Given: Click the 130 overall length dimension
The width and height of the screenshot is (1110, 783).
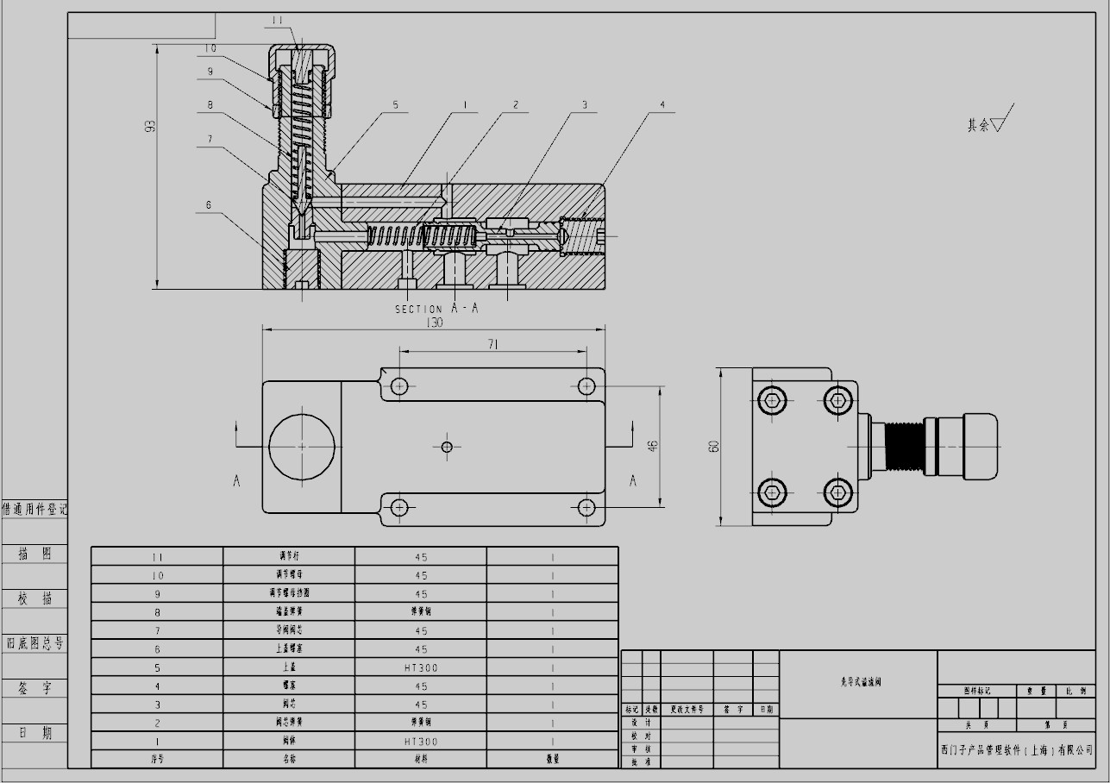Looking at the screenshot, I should coord(435,323).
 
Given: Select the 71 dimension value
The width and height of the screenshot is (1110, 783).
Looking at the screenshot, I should coord(493,345).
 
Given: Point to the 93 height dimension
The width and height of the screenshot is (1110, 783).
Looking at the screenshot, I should coord(151,126).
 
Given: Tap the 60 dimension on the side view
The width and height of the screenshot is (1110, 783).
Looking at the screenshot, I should coord(714,446).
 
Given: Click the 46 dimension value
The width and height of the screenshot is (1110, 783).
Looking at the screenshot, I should coord(653,446).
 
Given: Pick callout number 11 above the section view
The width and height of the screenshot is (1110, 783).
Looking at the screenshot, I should coord(278,19).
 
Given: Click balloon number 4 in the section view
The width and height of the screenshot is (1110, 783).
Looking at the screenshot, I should coord(662,105).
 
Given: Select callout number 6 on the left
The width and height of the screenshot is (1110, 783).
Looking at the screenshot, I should coord(209,205).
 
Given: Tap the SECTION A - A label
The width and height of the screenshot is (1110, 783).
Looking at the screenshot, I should coord(436,309).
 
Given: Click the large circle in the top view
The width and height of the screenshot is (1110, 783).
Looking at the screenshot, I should coord(302,447).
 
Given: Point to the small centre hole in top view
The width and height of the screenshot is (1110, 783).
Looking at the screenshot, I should coord(447,446).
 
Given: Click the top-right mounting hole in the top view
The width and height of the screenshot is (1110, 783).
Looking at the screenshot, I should coord(586,385).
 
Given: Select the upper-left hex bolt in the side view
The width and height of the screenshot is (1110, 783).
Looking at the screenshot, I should coord(772,399).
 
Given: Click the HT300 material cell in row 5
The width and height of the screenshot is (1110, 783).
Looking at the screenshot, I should coord(421,668).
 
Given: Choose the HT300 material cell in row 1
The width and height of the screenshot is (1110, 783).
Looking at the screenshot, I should coord(421,742).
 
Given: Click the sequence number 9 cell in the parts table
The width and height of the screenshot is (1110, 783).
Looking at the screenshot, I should coord(157,594).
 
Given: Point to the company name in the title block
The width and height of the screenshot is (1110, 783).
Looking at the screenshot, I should coord(1016,750).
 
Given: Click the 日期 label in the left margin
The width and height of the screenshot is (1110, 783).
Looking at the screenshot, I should coord(35,733).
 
